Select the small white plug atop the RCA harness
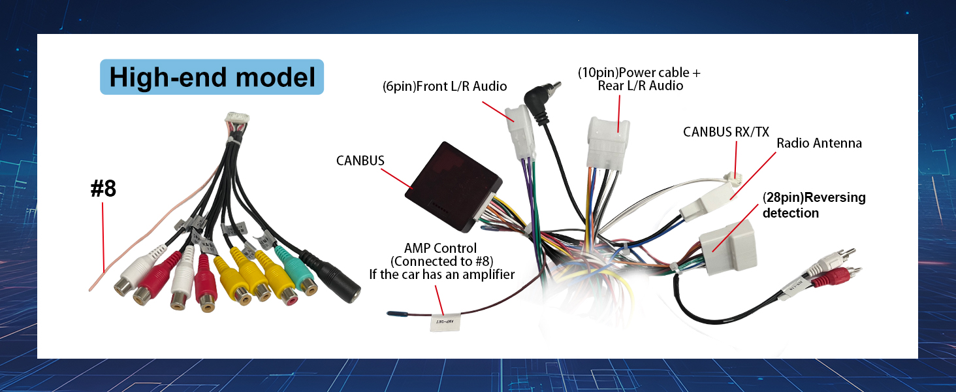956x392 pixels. pos(235,120)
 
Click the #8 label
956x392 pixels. pos(103,189)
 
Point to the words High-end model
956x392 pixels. pos(212,77)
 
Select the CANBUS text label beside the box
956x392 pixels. pos(360,160)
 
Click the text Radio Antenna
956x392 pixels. pos(819,143)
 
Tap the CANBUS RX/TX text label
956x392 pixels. pos(725,131)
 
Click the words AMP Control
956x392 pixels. pos(440,248)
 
